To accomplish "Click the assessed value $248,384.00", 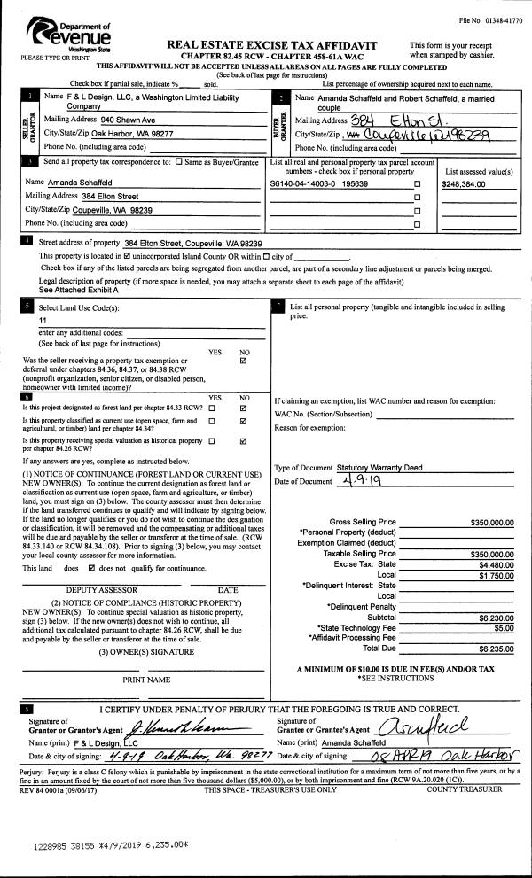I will (x=470, y=183).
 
